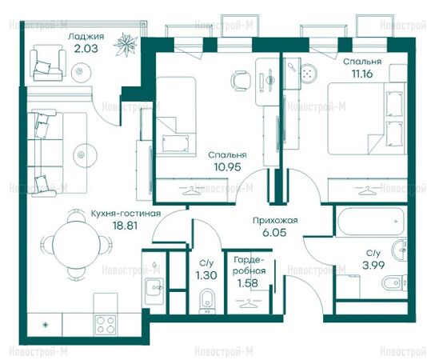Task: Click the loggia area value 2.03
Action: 86,49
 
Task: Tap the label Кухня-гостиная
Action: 126,214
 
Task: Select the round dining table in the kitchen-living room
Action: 76,244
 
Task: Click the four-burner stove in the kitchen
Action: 106,324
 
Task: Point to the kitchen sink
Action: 154,287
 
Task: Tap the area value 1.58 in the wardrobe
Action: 248,283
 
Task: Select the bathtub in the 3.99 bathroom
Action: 371,222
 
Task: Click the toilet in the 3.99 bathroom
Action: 394,283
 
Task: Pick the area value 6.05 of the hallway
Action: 274,233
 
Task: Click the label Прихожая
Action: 275,220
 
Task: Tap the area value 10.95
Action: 227,166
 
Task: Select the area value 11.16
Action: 362,74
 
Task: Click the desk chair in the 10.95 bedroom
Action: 241,81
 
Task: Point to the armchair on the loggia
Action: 48,63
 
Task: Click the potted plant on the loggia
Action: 126,45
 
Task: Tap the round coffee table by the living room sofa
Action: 86,155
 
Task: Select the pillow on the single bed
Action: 176,143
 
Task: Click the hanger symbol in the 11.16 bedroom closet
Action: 367,190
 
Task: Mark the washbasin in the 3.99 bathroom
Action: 400,249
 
